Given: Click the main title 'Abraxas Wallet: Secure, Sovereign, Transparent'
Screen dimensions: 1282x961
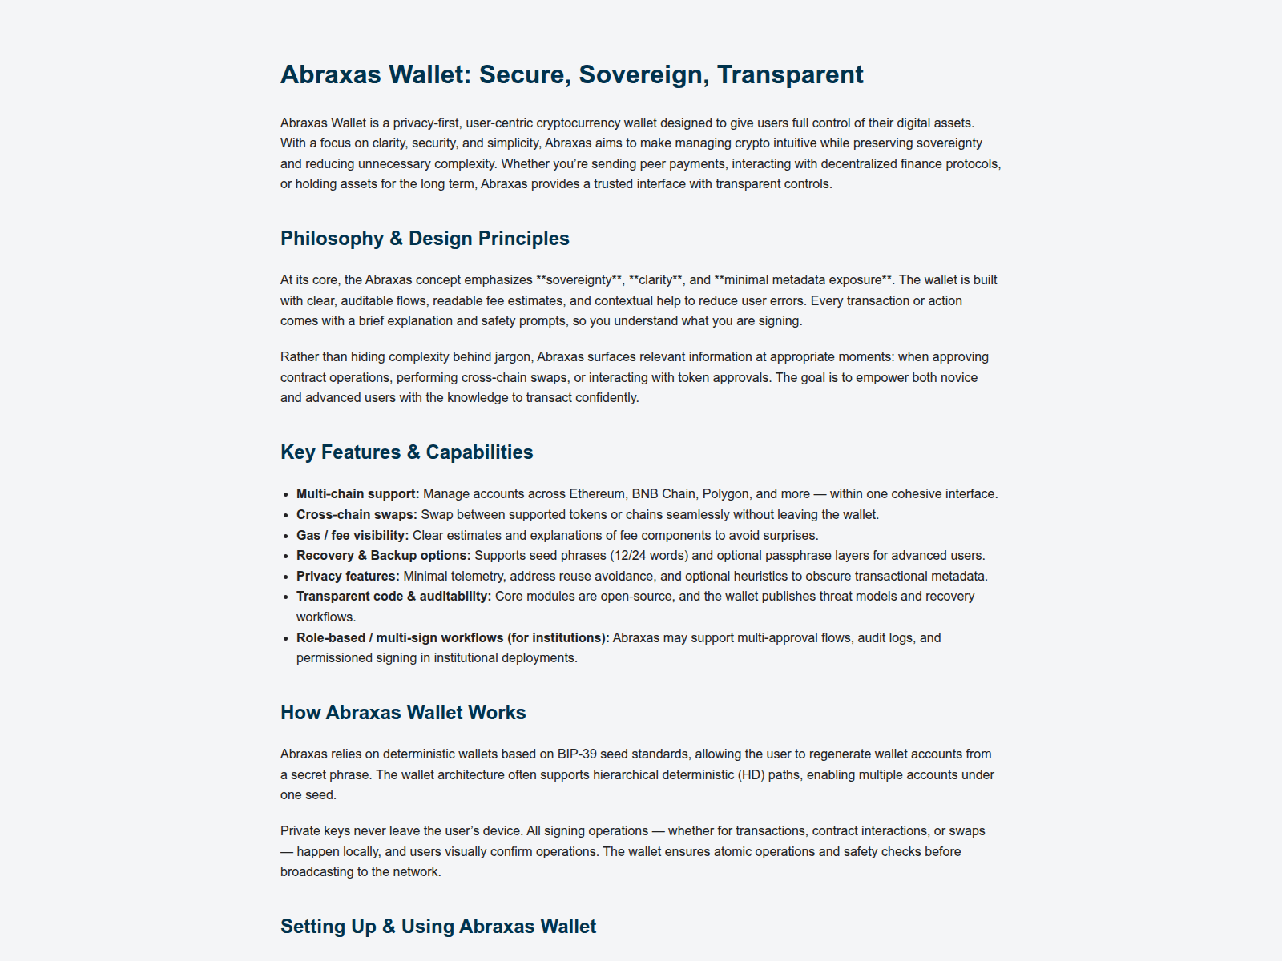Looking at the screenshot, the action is pyautogui.click(x=571, y=74).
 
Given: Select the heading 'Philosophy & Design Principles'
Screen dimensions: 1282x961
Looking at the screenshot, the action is pyautogui.click(x=425, y=239).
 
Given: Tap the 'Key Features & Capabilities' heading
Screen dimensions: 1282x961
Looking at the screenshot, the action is pyautogui.click(x=406, y=452).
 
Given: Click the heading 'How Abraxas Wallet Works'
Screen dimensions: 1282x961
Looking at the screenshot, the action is pyautogui.click(x=403, y=713).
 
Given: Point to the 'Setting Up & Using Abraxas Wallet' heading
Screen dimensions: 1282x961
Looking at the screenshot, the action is pyautogui.click(x=438, y=927).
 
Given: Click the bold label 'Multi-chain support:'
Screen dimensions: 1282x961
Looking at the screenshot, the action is pyautogui.click(x=357, y=494).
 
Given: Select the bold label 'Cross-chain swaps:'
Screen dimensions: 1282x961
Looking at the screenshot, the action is pyautogui.click(x=357, y=515).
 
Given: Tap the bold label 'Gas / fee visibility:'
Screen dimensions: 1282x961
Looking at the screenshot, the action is pyautogui.click(x=353, y=536).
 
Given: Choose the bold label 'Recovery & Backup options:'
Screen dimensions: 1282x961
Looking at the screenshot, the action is pyautogui.click(x=383, y=556).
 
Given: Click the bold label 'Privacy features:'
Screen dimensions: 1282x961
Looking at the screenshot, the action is pyautogui.click(x=348, y=577).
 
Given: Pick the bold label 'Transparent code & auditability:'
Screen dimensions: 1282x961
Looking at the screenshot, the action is pyautogui.click(x=393, y=597).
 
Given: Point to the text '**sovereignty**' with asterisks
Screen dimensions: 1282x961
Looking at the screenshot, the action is pyautogui.click(x=579, y=280).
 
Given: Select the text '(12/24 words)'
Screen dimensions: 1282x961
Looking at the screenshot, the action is pyautogui.click(x=648, y=556).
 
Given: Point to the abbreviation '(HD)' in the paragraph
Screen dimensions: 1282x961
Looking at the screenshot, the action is pyautogui.click(x=752, y=775).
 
